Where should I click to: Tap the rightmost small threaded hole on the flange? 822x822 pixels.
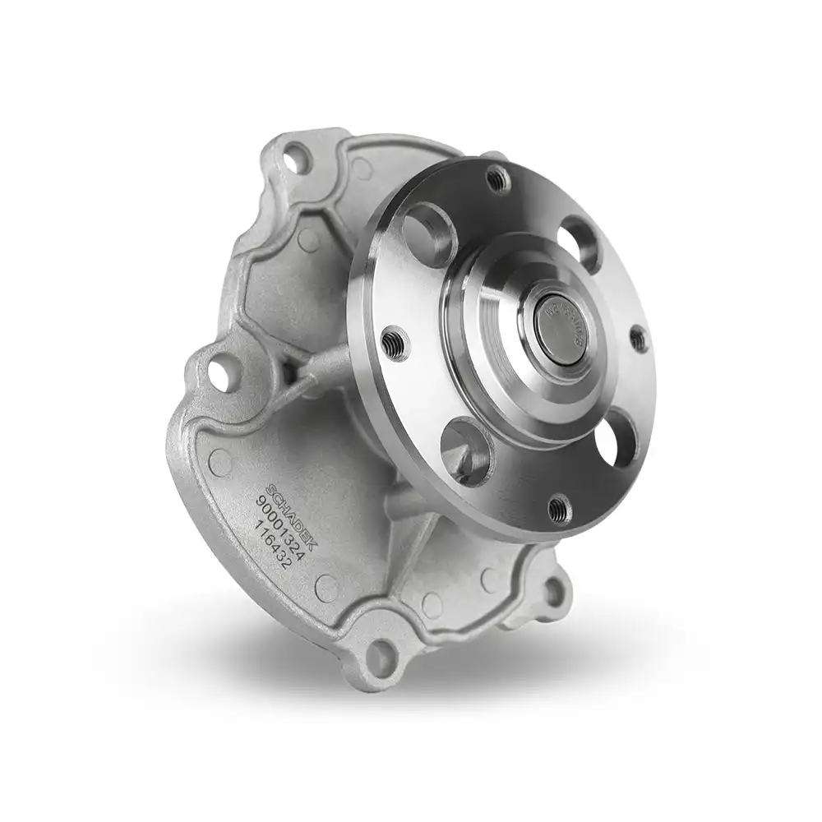point(638,338)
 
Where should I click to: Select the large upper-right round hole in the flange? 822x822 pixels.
point(580,242)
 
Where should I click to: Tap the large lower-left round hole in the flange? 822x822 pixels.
point(466,450)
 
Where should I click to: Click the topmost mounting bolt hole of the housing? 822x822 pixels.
point(296,156)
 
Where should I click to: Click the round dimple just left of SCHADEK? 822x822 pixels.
point(220,462)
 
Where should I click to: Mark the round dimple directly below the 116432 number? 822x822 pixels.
point(327,587)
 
